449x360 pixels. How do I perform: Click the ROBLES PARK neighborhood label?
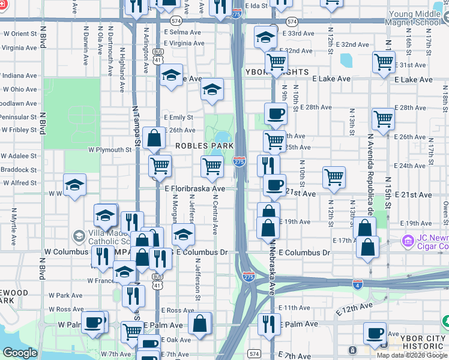point(200,146)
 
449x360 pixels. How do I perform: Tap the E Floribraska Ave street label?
point(194,188)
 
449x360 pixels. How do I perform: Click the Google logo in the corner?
point(20,353)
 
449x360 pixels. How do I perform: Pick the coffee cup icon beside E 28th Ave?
point(276,113)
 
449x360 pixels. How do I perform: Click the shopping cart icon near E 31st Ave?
point(383,61)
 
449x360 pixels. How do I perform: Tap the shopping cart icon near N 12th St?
point(334,177)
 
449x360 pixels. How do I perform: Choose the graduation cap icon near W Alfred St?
point(74,185)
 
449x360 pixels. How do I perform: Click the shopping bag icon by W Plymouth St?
point(154,138)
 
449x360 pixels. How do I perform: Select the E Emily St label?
point(178,118)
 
